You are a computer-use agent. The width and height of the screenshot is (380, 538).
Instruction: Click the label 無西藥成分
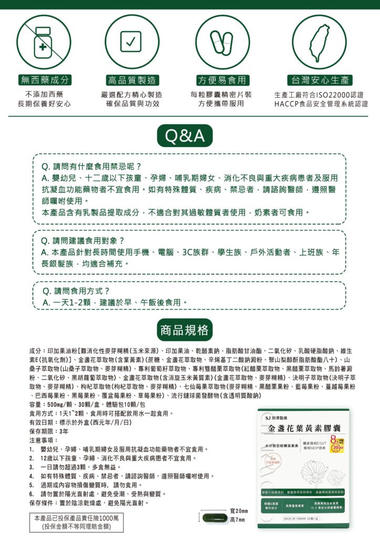pyautogui.click(x=44, y=80)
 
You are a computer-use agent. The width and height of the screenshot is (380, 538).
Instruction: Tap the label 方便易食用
pyautogui.click(x=221, y=80)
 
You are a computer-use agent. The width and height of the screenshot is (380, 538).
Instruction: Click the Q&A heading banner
pyautogui.click(x=185, y=137)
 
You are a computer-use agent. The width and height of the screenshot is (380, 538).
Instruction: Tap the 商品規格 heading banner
pyautogui.click(x=185, y=330)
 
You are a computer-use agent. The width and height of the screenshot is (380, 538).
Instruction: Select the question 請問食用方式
pyautogui.click(x=77, y=291)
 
